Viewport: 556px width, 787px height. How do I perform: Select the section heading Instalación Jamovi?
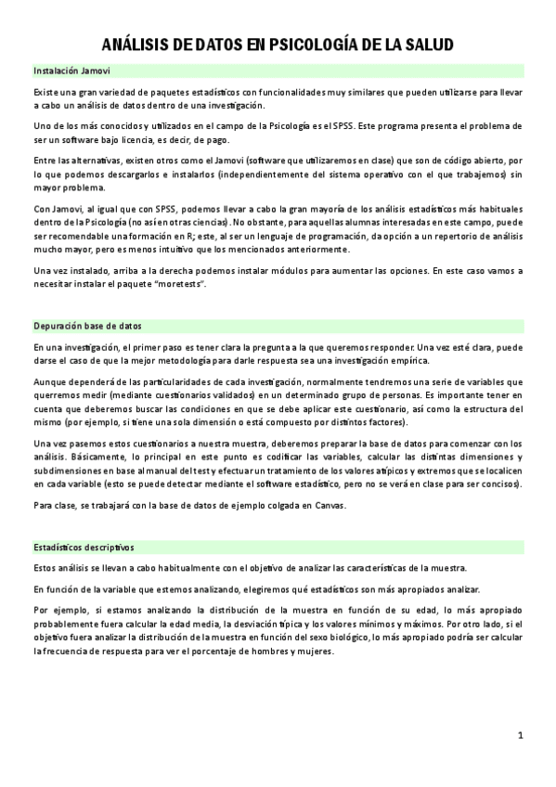(68, 71)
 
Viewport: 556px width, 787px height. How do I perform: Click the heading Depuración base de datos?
(87, 326)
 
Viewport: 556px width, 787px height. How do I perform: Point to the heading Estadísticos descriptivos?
(84, 547)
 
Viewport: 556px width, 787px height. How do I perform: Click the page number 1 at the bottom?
(521, 735)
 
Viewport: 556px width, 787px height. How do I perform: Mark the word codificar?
(278, 458)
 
